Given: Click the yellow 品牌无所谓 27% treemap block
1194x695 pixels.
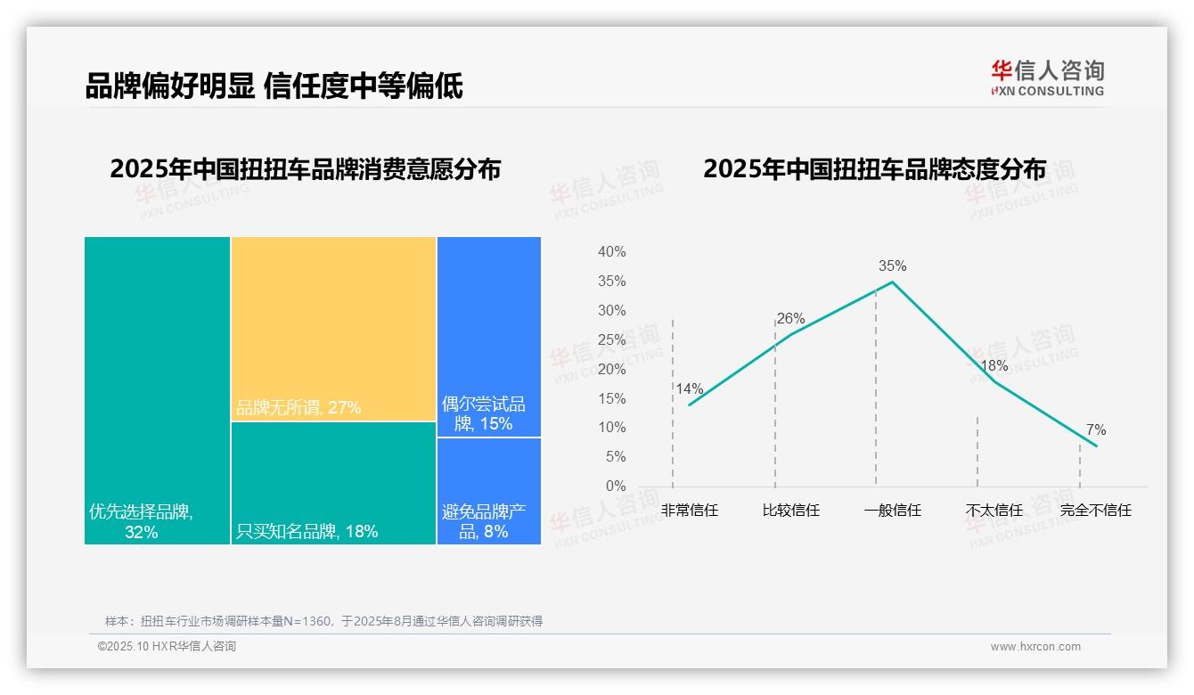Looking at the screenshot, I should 333,328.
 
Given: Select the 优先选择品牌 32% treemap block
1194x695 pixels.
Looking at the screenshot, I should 157,389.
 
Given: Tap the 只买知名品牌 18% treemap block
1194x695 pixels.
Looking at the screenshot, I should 333,482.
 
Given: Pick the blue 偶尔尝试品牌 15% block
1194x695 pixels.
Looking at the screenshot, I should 488,336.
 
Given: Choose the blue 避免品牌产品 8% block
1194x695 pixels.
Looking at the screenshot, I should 488,491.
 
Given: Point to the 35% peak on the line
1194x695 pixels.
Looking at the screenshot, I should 892,282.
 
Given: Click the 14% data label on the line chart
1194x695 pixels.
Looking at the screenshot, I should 689,388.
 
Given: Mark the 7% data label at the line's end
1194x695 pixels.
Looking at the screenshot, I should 1095,430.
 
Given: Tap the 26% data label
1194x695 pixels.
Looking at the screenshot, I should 790,318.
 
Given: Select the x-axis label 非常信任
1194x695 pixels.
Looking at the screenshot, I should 689,511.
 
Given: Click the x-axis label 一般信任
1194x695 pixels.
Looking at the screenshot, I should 892,511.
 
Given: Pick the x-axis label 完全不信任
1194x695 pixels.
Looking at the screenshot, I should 1095,511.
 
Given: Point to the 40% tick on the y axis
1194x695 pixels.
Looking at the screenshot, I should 611,252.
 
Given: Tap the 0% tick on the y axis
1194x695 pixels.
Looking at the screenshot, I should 616,487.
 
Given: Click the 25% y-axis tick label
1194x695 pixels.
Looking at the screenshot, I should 611,340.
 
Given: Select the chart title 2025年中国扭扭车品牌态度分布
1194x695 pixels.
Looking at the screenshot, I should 874,169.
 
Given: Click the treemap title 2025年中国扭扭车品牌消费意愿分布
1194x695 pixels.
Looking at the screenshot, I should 305,169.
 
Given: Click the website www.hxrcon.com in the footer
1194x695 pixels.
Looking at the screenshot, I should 1035,647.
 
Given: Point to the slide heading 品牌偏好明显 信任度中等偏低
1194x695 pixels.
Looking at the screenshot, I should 274,86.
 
